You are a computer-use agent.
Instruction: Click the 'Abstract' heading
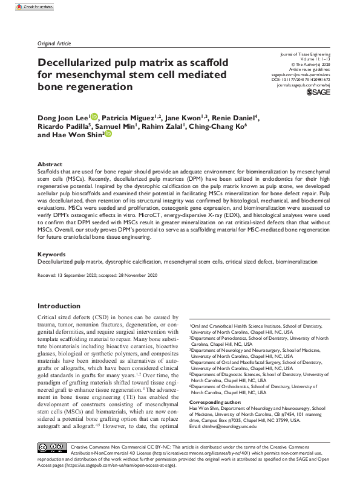pyautogui.click(x=50, y=164)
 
